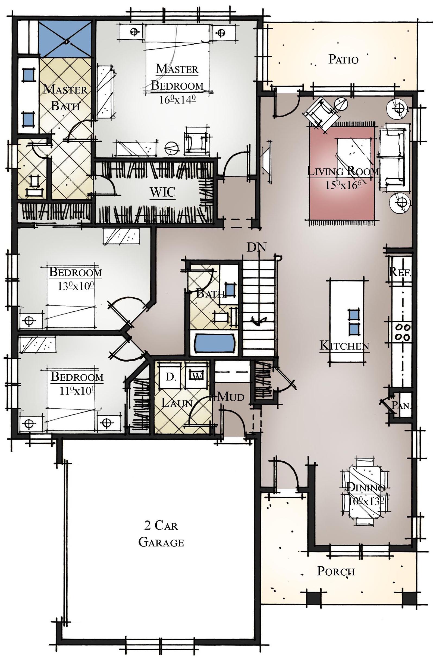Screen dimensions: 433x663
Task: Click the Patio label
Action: click(x=343, y=59)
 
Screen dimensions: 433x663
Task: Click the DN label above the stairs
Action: click(x=256, y=247)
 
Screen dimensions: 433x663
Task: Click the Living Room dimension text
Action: click(x=343, y=185)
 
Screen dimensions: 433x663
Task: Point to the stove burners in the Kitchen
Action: click(x=403, y=332)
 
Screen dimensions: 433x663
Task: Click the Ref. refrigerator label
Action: click(x=400, y=271)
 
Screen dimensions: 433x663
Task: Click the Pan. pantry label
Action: click(x=401, y=405)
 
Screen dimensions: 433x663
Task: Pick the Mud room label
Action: click(x=230, y=397)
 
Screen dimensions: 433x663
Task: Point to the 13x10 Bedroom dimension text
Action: click(x=76, y=286)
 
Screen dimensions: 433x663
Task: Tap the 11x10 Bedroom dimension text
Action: click(x=77, y=391)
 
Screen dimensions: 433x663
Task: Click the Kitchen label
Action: click(x=344, y=346)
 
